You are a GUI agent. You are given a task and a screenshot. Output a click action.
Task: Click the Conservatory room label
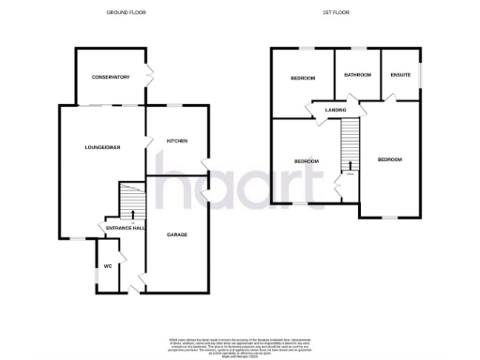pyautogui.click(x=109, y=77)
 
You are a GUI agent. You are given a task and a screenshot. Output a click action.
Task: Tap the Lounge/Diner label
pyautogui.click(x=100, y=147)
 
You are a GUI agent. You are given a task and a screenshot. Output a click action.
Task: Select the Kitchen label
pyautogui.click(x=177, y=141)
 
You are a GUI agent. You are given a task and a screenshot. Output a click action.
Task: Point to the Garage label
pyautogui.click(x=177, y=233)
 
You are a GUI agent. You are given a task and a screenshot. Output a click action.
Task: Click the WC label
pyautogui.click(x=109, y=265)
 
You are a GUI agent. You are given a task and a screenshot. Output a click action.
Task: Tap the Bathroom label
pyautogui.click(x=357, y=74)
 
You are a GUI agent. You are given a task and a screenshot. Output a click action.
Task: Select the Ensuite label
pyautogui.click(x=399, y=74)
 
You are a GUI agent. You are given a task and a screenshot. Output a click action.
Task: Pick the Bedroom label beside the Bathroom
pyautogui.click(x=302, y=78)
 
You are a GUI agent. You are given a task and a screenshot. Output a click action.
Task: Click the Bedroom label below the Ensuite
pyautogui.click(x=389, y=160)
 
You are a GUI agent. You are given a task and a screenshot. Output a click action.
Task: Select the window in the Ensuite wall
pyautogui.click(x=419, y=73)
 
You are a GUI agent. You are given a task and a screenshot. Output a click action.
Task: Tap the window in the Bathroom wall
pyautogui.click(x=356, y=48)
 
